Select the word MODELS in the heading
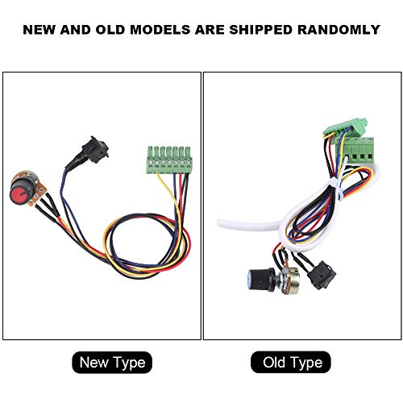coord(160,30)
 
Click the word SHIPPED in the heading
coord(260,30)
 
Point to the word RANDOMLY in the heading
coord(339,30)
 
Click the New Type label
coord(112,363)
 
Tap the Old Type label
coord(291,362)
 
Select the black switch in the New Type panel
coord(95,149)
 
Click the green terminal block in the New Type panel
coord(169,160)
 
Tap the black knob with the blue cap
coord(260,279)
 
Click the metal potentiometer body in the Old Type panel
coord(290,280)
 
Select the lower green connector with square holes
coord(359,151)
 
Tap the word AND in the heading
coord(76,30)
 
